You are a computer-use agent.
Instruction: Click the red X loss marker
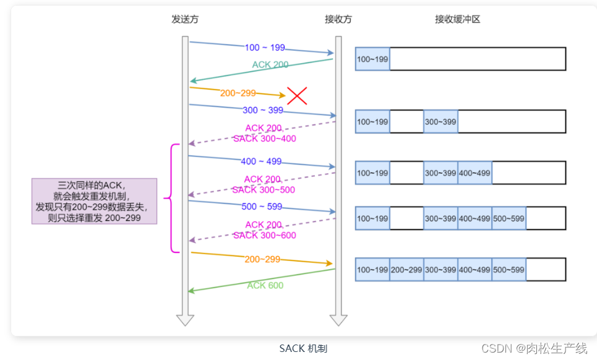click(297, 95)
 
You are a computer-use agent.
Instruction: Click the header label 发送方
click(185, 19)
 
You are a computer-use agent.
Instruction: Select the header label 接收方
click(338, 19)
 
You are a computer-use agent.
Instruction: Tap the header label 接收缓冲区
click(457, 19)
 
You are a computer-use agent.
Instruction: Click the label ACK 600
click(265, 285)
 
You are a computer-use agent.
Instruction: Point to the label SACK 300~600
click(264, 235)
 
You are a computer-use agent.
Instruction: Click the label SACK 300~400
click(264, 139)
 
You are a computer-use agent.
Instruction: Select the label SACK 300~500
click(264, 190)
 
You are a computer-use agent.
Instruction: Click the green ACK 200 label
click(270, 64)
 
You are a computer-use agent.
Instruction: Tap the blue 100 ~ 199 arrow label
click(265, 48)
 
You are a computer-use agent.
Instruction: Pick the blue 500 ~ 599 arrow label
click(262, 207)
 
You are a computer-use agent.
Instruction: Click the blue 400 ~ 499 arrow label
click(261, 161)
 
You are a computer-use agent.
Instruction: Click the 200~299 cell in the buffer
click(406, 270)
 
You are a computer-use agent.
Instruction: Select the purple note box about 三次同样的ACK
click(95, 201)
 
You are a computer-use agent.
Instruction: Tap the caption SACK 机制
click(303, 348)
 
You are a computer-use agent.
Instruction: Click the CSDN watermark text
click(533, 348)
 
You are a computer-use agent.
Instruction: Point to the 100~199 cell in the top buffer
click(372, 59)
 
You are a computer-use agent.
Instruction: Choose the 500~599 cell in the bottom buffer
click(509, 270)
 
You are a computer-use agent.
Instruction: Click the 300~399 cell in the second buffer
click(440, 122)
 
